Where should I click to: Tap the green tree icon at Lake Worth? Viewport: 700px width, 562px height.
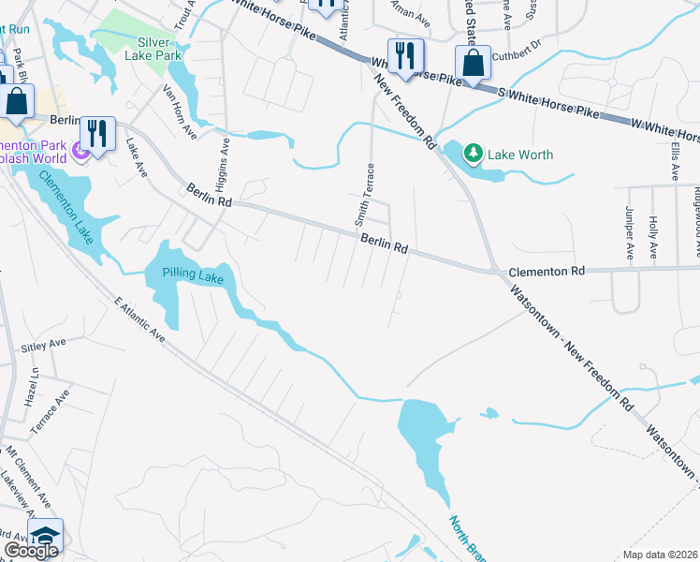(x=474, y=153)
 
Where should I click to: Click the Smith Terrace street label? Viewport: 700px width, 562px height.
(x=364, y=195)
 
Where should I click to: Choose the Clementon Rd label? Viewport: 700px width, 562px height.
(x=546, y=271)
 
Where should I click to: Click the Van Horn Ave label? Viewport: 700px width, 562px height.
(x=177, y=110)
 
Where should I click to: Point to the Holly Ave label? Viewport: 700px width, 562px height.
(x=652, y=239)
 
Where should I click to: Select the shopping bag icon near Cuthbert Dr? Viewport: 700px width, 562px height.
(x=474, y=64)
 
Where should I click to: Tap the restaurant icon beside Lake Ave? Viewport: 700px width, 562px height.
(x=96, y=133)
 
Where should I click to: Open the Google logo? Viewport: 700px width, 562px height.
(x=31, y=551)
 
